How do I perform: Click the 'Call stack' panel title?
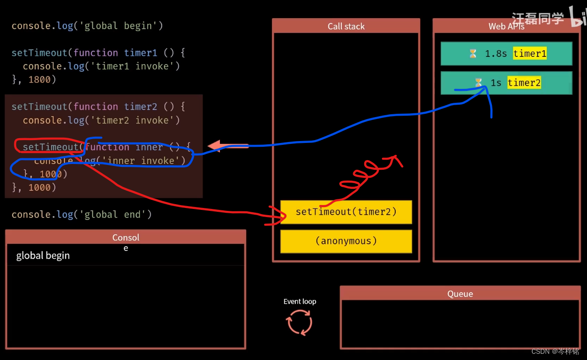(346, 26)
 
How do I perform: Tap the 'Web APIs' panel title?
(506, 26)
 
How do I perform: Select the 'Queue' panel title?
(460, 294)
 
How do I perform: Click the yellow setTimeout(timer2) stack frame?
(346, 212)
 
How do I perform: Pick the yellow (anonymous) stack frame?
(346, 241)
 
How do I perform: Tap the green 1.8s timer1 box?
(506, 54)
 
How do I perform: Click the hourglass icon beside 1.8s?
(473, 54)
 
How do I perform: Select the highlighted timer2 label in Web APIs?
(524, 83)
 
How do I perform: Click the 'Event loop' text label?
(300, 301)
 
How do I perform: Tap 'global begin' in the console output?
(43, 256)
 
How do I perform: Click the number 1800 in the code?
(40, 79)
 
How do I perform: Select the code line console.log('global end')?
(82, 214)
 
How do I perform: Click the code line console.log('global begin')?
(87, 25)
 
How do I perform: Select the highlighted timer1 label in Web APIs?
(530, 54)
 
